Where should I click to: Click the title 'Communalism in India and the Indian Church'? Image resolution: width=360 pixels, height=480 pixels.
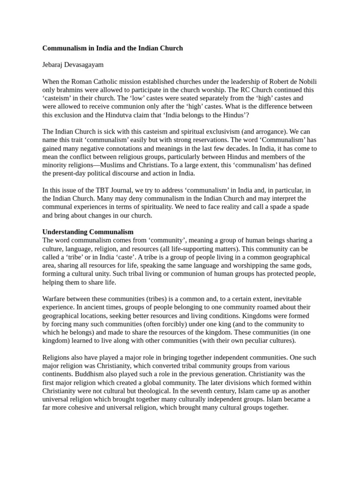112,48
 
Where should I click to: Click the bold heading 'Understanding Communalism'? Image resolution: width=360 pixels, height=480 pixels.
88,232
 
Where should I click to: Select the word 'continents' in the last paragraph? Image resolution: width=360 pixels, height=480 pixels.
58,374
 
